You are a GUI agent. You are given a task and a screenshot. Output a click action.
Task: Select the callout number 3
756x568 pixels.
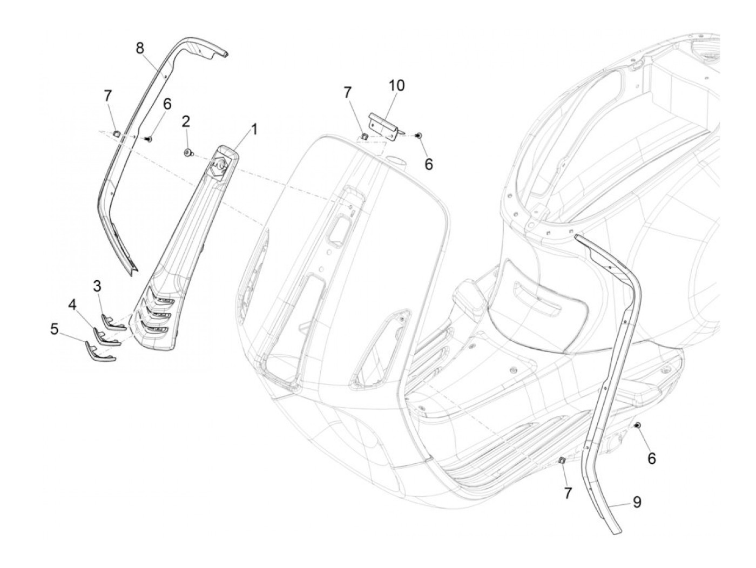(97, 286)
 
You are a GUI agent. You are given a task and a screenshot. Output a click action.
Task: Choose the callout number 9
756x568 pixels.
(637, 502)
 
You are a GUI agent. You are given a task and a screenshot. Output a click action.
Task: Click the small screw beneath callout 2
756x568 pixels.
(187, 154)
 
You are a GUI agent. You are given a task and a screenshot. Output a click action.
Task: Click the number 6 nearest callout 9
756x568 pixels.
(652, 458)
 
